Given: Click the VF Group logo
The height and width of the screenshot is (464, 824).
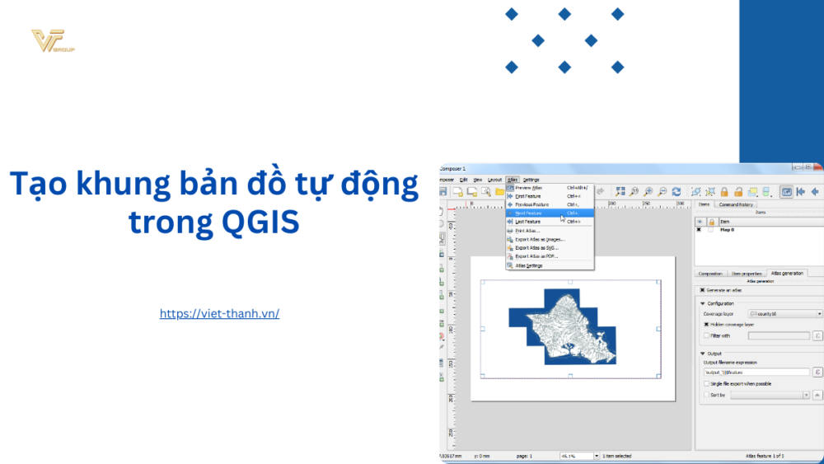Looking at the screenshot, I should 52,41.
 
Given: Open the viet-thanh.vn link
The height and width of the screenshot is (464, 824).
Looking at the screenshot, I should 219,313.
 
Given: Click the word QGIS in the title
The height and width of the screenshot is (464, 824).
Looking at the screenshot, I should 256,222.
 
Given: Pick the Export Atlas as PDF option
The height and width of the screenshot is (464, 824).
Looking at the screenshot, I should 536,256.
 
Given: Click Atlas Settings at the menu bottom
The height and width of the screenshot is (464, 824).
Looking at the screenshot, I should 528,266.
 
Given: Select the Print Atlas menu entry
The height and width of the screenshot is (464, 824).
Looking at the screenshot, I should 528,231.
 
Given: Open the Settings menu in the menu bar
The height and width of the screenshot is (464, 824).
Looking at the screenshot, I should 531,179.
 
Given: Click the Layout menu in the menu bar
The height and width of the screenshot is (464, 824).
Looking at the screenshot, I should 494,179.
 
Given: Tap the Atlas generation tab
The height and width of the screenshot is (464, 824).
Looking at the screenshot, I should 787,273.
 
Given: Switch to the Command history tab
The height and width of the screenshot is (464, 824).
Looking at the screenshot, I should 736,204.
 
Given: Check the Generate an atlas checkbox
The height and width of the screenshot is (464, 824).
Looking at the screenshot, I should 702,290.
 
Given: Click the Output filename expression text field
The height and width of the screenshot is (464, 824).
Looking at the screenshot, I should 755,373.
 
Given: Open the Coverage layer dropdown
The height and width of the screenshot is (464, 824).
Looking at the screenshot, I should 785,314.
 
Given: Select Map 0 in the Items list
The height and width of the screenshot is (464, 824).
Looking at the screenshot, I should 728,230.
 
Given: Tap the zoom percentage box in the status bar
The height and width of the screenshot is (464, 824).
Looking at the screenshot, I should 578,456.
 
